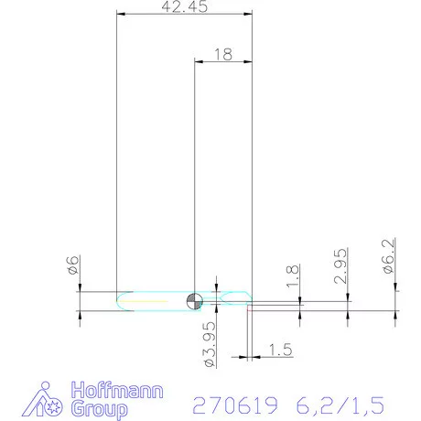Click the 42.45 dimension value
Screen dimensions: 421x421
(184, 7)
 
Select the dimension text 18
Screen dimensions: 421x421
(222, 54)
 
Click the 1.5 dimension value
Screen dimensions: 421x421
(282, 349)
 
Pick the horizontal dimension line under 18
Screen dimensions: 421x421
(222, 62)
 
